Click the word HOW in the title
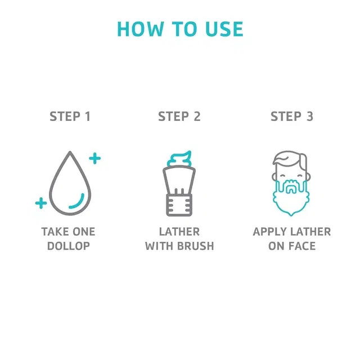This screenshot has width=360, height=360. click(x=140, y=29)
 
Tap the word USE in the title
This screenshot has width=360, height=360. click(x=224, y=29)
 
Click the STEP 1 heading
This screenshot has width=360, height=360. click(x=70, y=116)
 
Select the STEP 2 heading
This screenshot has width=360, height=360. click(x=179, y=116)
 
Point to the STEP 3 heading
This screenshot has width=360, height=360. click(x=292, y=116)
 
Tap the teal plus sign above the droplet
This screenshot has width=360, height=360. click(x=95, y=158)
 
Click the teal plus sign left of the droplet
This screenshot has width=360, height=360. click(x=41, y=203)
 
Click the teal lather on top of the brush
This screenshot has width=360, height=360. click(x=179, y=159)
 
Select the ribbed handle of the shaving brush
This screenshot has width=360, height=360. click(x=179, y=205)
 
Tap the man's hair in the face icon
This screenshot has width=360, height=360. click(x=290, y=159)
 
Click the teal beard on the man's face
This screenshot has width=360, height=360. click(x=291, y=208)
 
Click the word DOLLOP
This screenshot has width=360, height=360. click(x=69, y=246)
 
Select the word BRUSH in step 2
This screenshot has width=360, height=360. click(x=196, y=246)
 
